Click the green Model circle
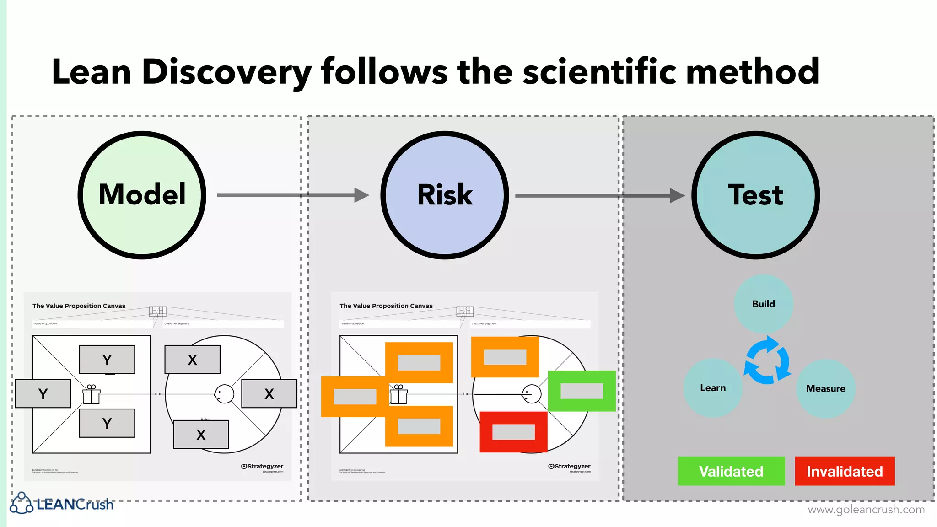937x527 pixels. [x=142, y=195]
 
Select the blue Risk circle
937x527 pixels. [x=445, y=195]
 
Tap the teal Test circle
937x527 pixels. [x=755, y=195]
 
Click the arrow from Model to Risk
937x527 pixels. [x=293, y=195]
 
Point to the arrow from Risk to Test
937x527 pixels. [x=599, y=196]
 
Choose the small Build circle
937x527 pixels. [x=763, y=304]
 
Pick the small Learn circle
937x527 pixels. [x=713, y=388]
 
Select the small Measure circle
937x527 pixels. [x=825, y=388]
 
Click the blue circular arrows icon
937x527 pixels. [x=768, y=360]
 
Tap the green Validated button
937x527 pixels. [x=731, y=471]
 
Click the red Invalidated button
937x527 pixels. [x=845, y=471]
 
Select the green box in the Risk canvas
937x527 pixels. [x=582, y=391]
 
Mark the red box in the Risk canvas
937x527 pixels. [x=513, y=432]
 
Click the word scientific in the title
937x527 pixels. [x=599, y=72]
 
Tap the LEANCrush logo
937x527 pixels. [x=62, y=503]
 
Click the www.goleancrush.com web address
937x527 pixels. [x=866, y=509]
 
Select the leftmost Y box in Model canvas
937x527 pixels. [x=43, y=393]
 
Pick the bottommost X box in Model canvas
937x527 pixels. [x=201, y=435]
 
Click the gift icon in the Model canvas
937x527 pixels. [x=92, y=394]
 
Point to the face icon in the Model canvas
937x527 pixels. [x=224, y=394]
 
